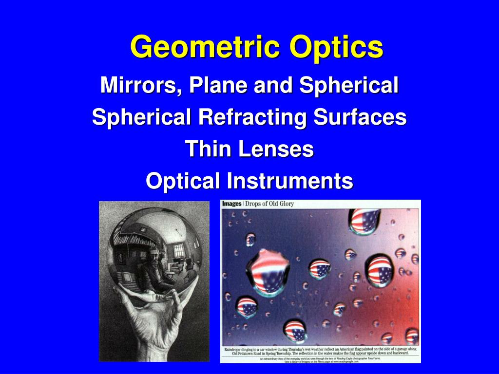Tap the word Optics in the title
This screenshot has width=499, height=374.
[x=336, y=48]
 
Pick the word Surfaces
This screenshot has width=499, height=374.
[x=360, y=117]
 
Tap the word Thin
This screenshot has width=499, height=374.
[x=208, y=149]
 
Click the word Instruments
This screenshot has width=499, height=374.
[x=289, y=181]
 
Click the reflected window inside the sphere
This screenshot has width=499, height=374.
[x=179, y=251]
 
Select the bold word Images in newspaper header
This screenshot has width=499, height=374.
[x=232, y=204]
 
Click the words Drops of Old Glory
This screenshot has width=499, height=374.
[x=269, y=204]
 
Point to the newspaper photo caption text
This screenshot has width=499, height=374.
[x=320, y=352]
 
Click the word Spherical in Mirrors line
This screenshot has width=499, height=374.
[x=349, y=86]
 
